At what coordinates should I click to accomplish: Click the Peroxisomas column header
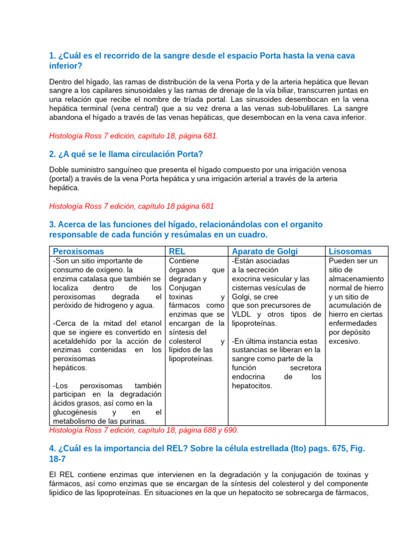[78, 251]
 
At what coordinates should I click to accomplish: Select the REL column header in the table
[177, 251]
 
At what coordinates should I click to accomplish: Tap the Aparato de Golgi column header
[265, 251]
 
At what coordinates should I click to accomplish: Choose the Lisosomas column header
[351, 251]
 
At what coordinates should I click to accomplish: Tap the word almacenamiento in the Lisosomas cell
[356, 278]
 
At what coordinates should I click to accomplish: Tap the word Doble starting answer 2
[60, 170]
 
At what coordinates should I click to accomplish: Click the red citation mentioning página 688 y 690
[144, 430]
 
